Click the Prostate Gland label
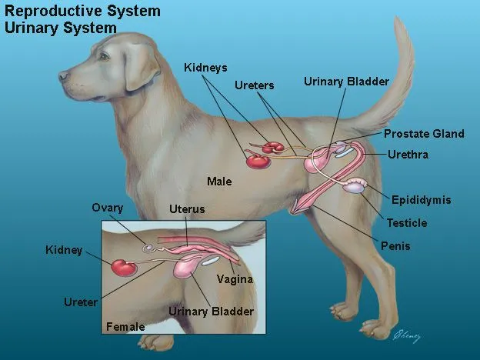coord(424,134)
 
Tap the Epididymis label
coord(421,200)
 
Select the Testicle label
coord(407,223)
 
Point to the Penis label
coord(395,246)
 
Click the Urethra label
coord(408,155)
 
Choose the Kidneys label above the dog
coord(205,68)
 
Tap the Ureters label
coord(254,85)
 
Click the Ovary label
coord(107,208)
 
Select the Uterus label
coord(187,209)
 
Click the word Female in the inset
coord(125,327)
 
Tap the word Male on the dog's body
coord(219,182)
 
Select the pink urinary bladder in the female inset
coord(186,268)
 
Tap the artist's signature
coord(408,335)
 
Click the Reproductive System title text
coord(83,11)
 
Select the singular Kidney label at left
coord(64,251)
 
